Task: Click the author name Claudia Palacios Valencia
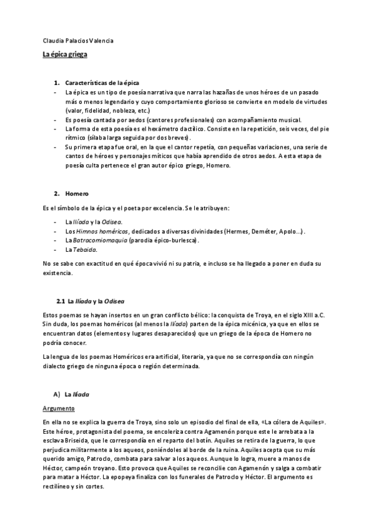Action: click(78, 41)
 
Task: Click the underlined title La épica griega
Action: click(64, 55)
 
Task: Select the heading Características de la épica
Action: click(102, 82)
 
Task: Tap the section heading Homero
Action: click(77, 193)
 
